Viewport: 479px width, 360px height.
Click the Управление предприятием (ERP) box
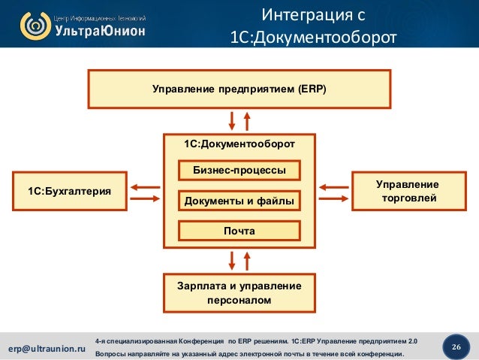point(239,89)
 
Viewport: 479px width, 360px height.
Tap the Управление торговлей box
point(407,192)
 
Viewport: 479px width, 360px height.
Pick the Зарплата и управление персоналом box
point(239,293)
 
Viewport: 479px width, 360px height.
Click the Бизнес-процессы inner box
point(239,171)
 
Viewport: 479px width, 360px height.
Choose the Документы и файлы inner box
point(239,201)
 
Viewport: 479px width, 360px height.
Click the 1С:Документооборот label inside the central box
point(239,143)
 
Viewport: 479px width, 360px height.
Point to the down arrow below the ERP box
point(232,120)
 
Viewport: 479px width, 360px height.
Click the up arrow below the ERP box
point(247,120)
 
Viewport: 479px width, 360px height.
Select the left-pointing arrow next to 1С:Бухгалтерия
point(144,186)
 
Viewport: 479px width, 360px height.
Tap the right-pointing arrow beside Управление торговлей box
point(334,198)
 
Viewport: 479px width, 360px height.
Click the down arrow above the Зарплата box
point(232,260)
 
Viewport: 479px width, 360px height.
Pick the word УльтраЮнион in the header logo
point(98,31)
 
